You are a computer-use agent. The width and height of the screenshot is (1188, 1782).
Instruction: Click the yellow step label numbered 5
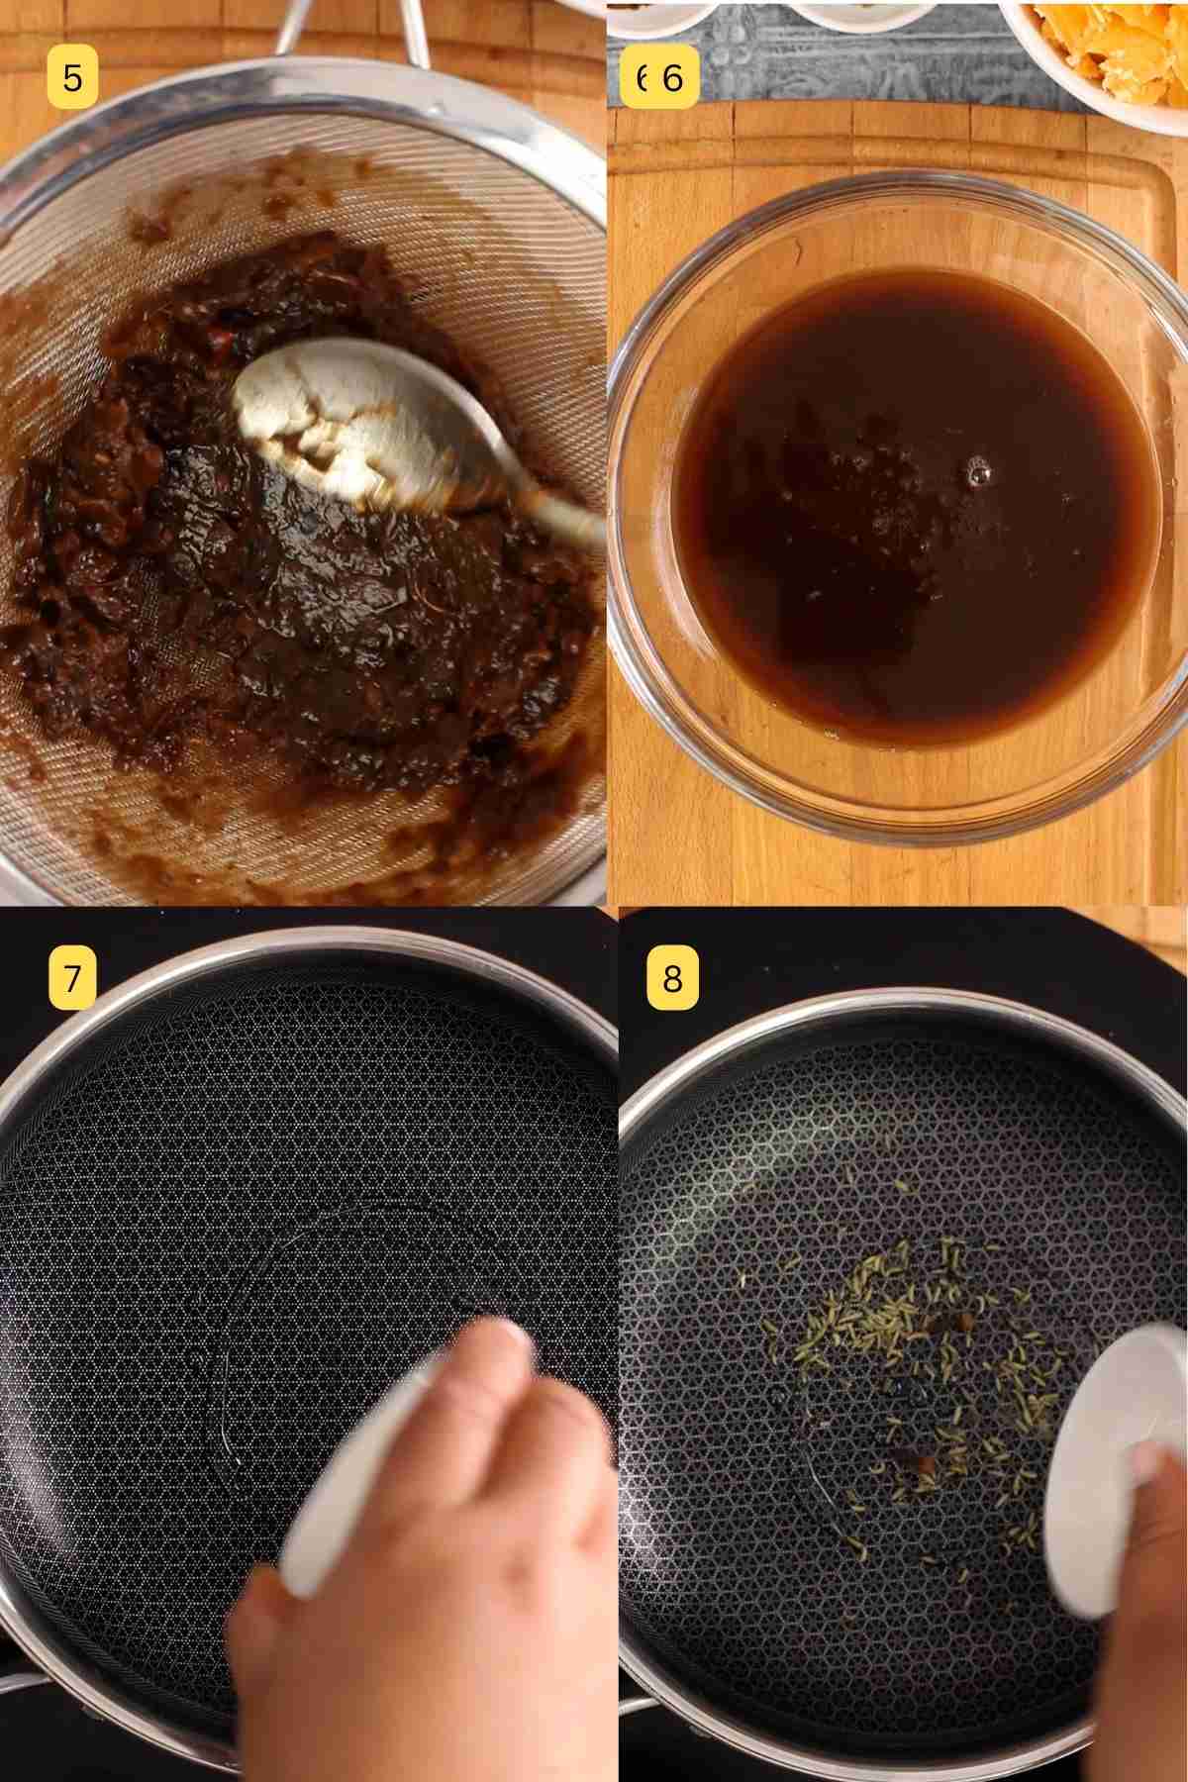click(72, 77)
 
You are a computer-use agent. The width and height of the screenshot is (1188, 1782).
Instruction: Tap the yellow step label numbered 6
click(661, 77)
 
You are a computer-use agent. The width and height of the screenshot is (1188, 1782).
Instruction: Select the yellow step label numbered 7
click(72, 978)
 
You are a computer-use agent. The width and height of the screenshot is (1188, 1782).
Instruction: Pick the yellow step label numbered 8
click(672, 978)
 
